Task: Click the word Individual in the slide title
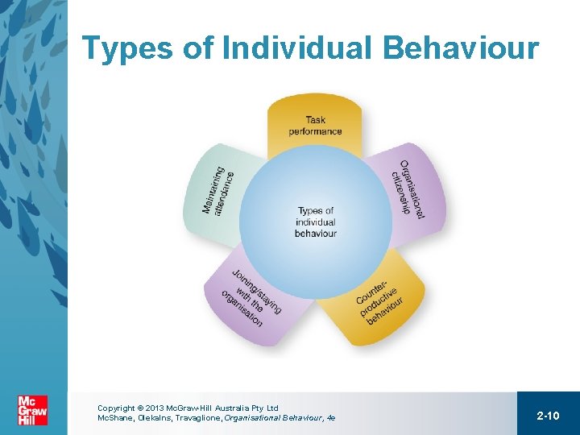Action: [x=297, y=48]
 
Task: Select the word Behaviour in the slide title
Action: [x=461, y=48]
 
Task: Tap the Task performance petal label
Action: [x=315, y=126]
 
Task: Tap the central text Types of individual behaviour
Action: [x=315, y=222]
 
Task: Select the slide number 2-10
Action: [x=548, y=415]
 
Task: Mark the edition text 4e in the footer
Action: [x=330, y=418]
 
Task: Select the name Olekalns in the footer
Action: [x=157, y=418]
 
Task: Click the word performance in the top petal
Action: [x=315, y=131]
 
